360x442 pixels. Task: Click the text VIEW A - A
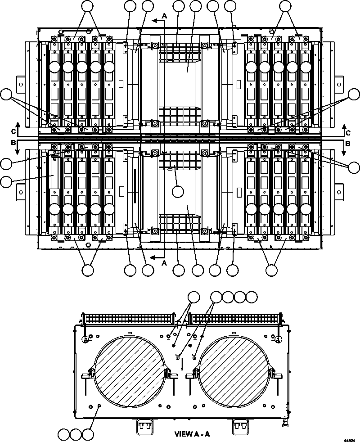[x=192, y=434]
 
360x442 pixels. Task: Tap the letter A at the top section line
[x=164, y=15]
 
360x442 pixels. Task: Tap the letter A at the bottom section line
[x=164, y=262]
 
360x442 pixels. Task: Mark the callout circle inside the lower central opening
[x=178, y=191]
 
